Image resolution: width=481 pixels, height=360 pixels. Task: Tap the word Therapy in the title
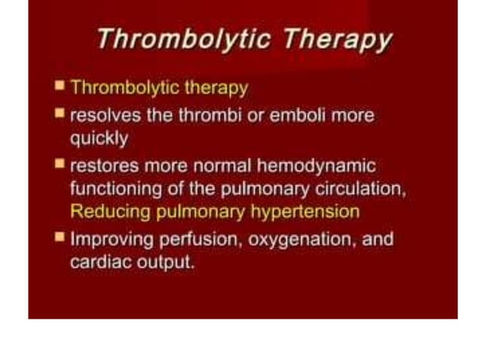pos(337,38)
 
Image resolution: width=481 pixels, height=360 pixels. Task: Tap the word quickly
pos(99,139)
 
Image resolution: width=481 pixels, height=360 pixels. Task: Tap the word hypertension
pos(303,212)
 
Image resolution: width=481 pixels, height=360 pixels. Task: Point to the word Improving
pos(107,240)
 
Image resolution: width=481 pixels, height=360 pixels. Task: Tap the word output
pos(166,264)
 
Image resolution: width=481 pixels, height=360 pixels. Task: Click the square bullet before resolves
pos(60,114)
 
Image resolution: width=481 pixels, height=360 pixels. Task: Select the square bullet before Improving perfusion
pos(60,238)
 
